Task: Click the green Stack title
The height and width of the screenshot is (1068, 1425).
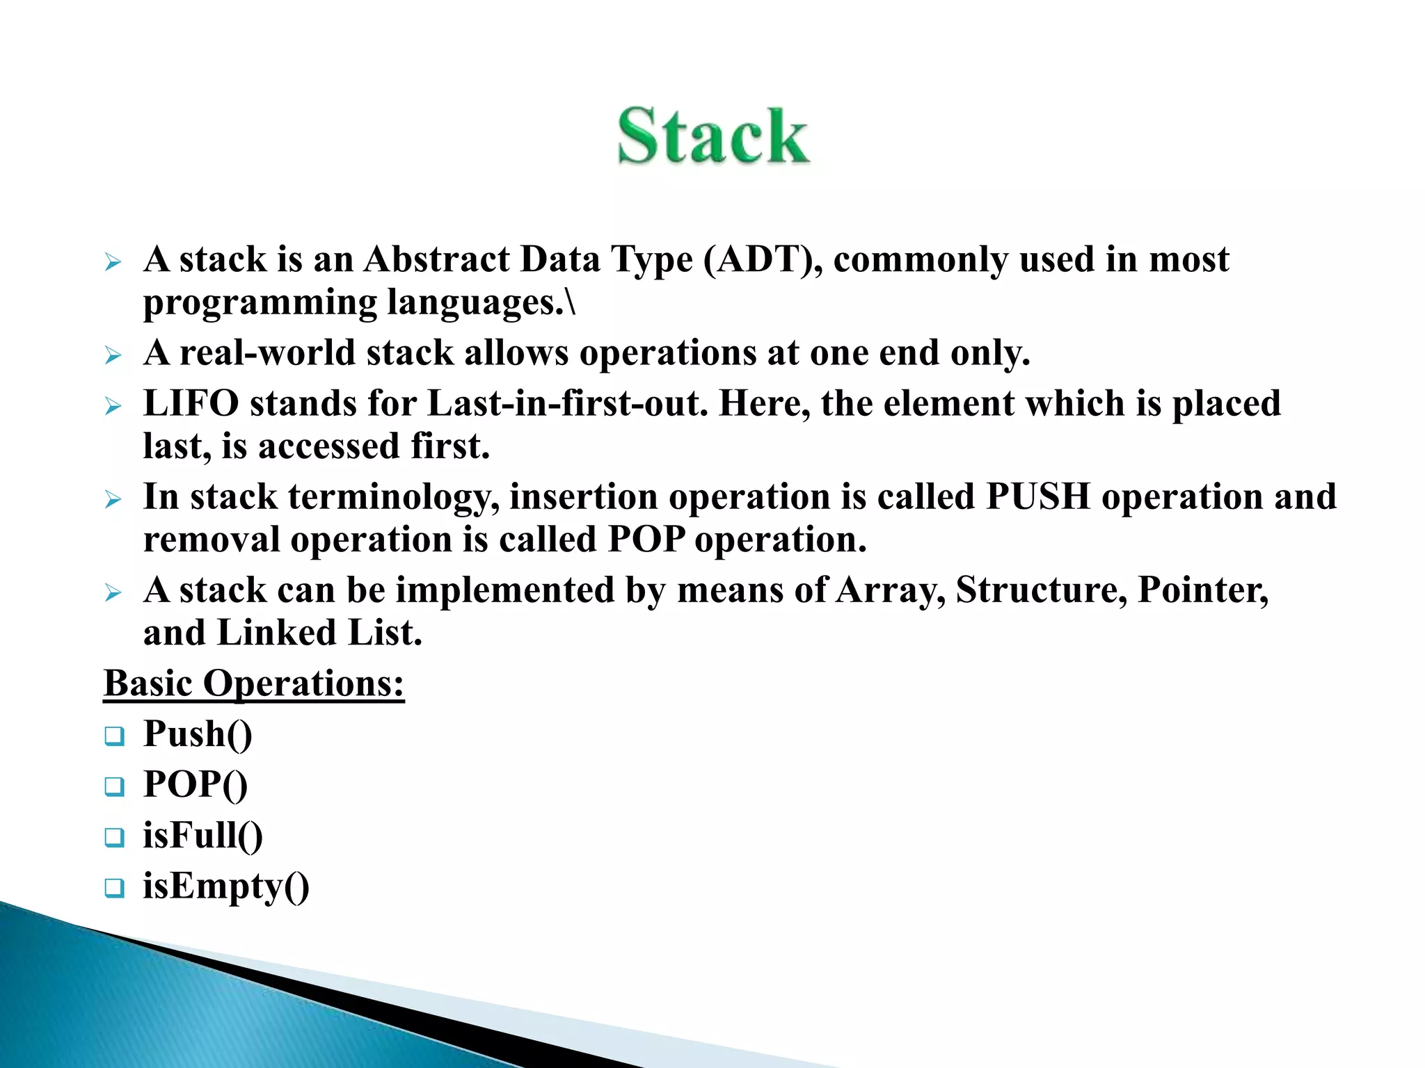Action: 713,136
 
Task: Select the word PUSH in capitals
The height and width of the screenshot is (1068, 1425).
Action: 1038,497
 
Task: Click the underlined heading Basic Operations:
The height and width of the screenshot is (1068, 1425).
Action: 254,683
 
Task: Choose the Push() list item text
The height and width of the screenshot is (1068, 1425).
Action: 198,734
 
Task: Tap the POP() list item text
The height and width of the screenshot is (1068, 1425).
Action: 195,785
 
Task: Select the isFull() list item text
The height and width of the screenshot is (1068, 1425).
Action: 202,836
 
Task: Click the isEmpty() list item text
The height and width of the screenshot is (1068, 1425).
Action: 226,887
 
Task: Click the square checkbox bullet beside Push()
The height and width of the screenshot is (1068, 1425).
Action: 114,736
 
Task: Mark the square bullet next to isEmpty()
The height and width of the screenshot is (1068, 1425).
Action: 114,888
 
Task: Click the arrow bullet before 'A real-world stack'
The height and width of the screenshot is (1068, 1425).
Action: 113,356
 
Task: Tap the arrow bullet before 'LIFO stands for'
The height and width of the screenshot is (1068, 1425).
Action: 113,407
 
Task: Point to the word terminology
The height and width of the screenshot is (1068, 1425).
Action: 394,497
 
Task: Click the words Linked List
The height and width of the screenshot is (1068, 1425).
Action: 319,633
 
